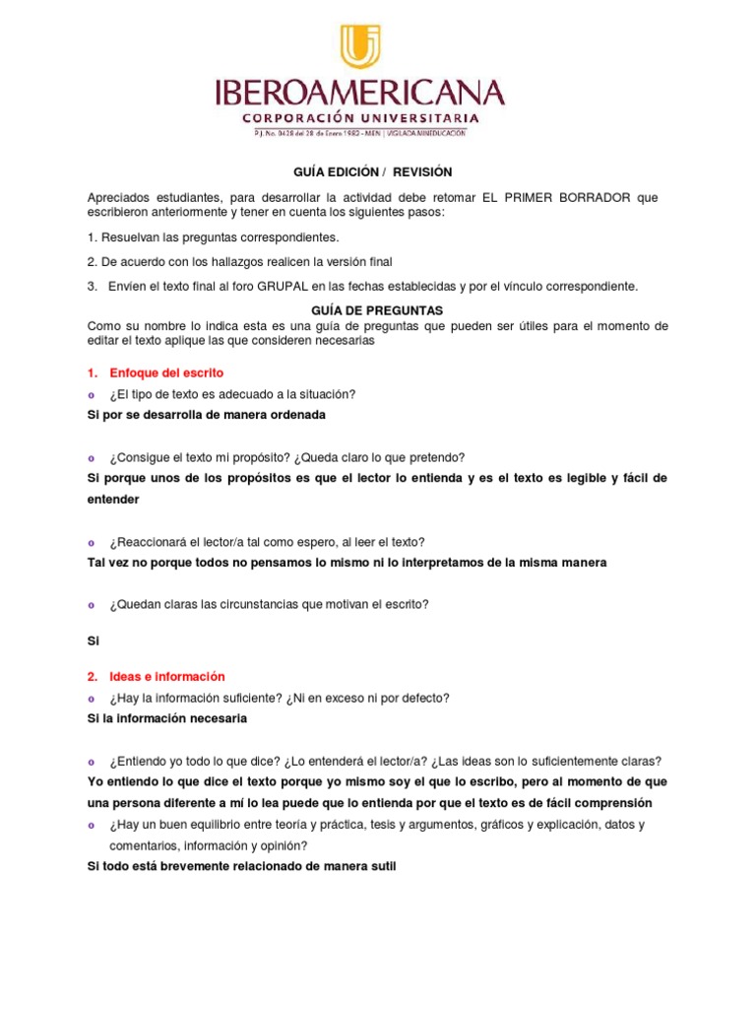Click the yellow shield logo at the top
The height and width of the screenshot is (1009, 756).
(x=359, y=47)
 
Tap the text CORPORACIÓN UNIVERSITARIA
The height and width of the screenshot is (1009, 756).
(x=359, y=117)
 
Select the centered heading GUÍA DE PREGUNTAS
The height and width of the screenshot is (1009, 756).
(x=378, y=310)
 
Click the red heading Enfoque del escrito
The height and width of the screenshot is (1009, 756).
(x=166, y=372)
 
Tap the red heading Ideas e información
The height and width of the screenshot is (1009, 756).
(x=167, y=676)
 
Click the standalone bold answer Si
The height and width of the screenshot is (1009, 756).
(x=94, y=639)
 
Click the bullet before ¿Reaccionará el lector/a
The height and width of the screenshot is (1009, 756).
(x=92, y=542)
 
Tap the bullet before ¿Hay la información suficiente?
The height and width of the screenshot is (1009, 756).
(x=92, y=699)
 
